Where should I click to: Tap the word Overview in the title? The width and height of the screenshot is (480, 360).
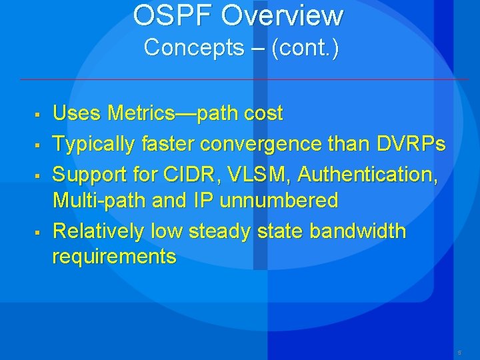pos(283,15)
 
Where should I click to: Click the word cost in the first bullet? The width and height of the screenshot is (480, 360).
pos(263,114)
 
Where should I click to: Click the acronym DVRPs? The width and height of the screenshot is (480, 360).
pos(409,143)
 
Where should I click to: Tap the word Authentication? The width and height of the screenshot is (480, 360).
pos(367,174)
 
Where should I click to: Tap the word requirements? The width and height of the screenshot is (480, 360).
pos(114,257)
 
